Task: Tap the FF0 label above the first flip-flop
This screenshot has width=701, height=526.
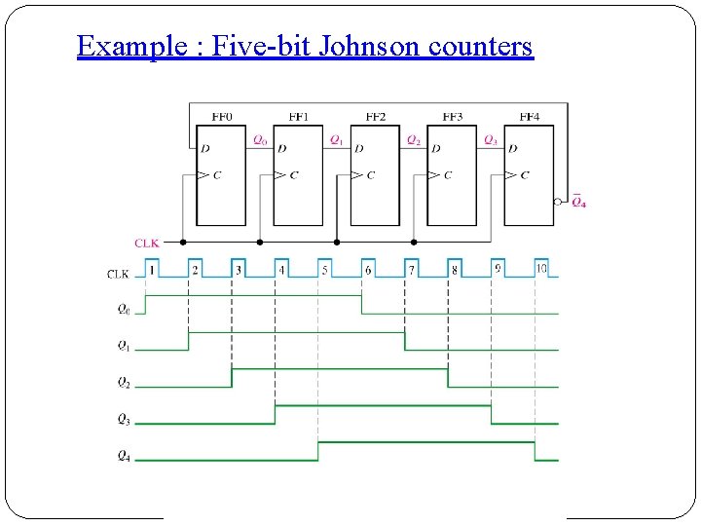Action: pyautogui.click(x=222, y=117)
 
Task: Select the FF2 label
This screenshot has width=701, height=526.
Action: pyautogui.click(x=376, y=117)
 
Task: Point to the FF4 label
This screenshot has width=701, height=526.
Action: pyautogui.click(x=530, y=117)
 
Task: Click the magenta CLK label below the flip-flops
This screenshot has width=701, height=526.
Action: pyautogui.click(x=146, y=243)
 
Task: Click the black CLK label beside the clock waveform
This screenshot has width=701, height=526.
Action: pyautogui.click(x=118, y=275)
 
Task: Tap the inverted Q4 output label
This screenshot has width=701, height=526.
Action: pyautogui.click(x=578, y=203)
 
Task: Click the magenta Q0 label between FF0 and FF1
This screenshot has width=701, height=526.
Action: pyautogui.click(x=260, y=140)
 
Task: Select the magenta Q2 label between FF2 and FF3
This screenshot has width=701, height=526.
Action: pyautogui.click(x=414, y=140)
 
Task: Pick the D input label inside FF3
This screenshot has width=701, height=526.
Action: pyautogui.click(x=436, y=149)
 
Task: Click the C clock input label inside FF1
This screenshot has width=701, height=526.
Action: pyautogui.click(x=294, y=175)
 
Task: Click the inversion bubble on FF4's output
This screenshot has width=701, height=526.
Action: pyautogui.click(x=558, y=203)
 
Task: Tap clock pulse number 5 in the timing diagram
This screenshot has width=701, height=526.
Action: pyautogui.click(x=325, y=270)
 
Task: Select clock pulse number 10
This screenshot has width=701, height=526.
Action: pyautogui.click(x=541, y=269)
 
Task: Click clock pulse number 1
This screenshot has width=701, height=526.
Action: pyautogui.click(x=152, y=270)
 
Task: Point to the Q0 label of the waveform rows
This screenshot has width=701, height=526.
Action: pyautogui.click(x=123, y=310)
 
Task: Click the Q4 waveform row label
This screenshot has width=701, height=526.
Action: pyautogui.click(x=123, y=456)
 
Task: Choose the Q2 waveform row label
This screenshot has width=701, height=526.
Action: pyautogui.click(x=123, y=383)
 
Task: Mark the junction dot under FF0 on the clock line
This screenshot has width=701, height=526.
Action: pyautogui.click(x=183, y=242)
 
